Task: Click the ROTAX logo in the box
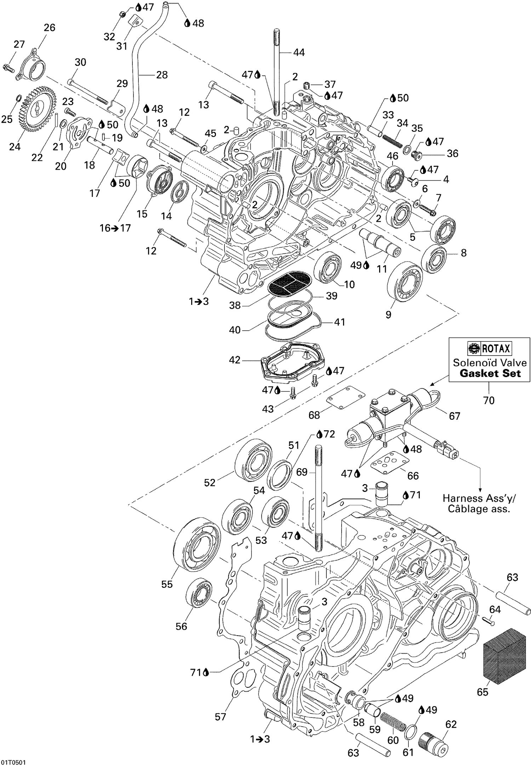[490, 349]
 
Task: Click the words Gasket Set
[490, 373]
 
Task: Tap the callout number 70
[489, 400]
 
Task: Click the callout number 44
[299, 52]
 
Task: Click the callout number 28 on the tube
[161, 75]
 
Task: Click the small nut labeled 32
[121, 14]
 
